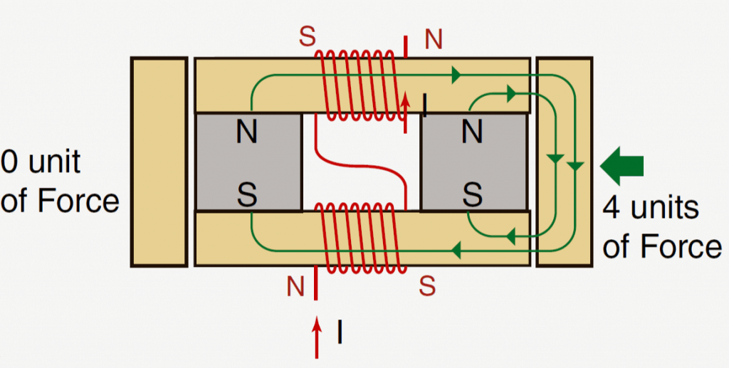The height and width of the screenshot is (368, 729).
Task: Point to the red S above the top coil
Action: click(x=307, y=38)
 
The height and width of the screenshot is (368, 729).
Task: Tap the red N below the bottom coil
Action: click(x=295, y=287)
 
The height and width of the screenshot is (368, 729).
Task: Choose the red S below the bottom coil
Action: click(x=427, y=285)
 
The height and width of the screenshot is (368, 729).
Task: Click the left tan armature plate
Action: click(x=158, y=162)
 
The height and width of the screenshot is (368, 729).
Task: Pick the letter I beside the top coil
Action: click(x=424, y=105)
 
